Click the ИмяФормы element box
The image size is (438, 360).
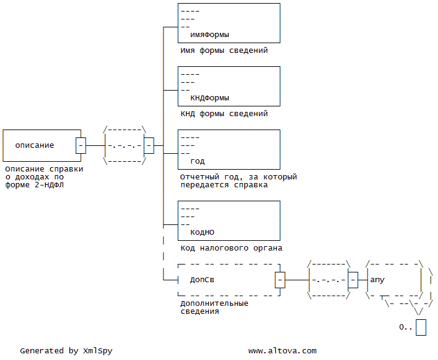(228, 23)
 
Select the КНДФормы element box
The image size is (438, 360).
(228, 86)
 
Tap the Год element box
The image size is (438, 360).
(228, 150)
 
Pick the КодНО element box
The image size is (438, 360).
(228, 221)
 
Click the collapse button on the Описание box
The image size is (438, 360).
(81, 146)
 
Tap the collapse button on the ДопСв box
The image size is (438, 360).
(280, 280)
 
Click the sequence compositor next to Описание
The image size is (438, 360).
(125, 146)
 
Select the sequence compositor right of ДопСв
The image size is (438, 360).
(329, 280)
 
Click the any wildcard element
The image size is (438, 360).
(394, 280)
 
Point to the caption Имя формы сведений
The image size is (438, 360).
(224, 51)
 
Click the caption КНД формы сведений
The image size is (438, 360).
(224, 114)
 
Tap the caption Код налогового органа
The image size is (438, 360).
(231, 249)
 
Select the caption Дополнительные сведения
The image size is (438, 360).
(214, 307)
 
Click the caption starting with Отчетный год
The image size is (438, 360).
(238, 181)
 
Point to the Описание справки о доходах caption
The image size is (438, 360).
(43, 178)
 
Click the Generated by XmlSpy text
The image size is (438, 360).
(66, 351)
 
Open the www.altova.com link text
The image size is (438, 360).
(282, 351)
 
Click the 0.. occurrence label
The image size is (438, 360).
(405, 327)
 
